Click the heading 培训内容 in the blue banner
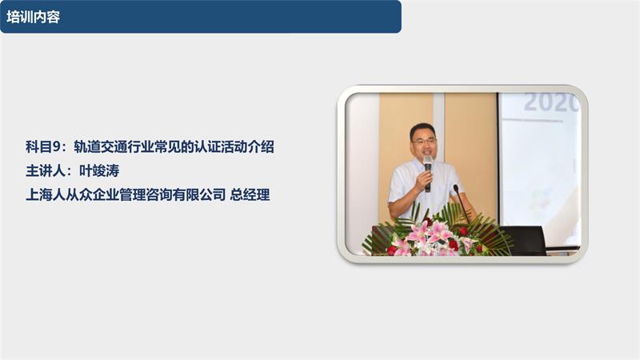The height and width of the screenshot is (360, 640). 33,17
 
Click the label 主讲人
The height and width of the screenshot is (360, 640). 44,170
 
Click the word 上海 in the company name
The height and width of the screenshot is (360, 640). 38,194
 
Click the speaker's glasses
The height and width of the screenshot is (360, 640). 424,142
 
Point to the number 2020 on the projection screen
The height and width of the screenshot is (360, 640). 551,102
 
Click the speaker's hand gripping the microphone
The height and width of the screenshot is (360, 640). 423,181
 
